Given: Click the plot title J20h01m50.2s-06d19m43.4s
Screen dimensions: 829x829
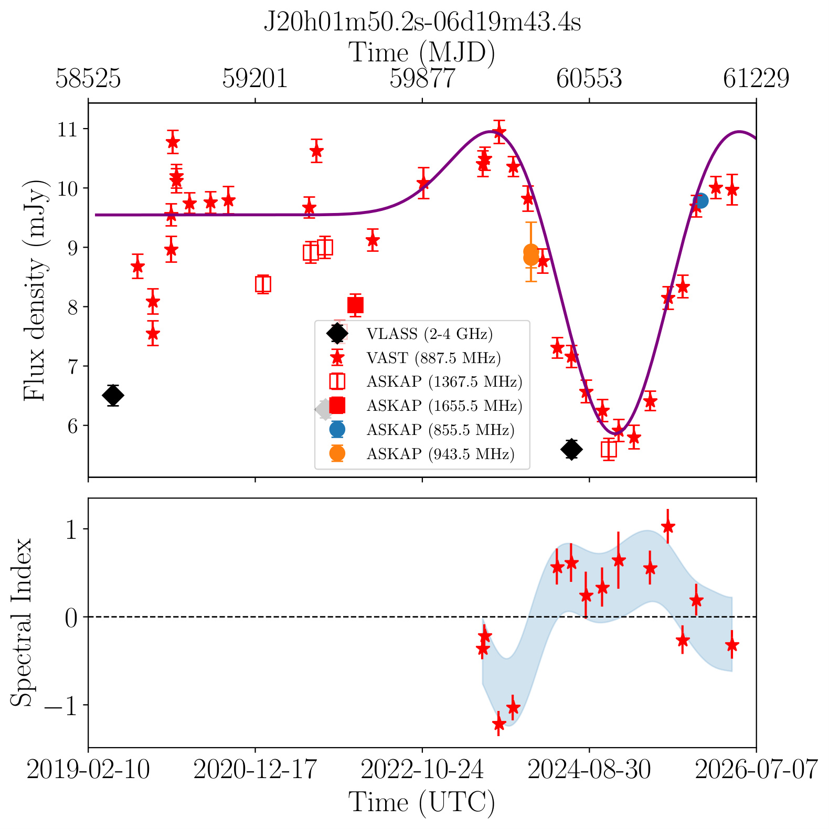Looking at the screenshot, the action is pyautogui.click(x=422, y=23).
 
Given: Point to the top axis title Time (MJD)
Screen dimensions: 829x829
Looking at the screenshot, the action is pyautogui.click(x=422, y=53).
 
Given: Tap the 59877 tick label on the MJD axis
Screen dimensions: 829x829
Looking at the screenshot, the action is pyautogui.click(x=422, y=79).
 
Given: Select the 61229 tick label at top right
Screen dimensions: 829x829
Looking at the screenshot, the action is pyautogui.click(x=756, y=79).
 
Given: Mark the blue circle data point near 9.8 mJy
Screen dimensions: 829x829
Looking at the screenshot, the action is pyautogui.click(x=700, y=200).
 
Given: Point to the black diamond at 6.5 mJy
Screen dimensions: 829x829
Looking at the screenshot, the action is pyautogui.click(x=113, y=395).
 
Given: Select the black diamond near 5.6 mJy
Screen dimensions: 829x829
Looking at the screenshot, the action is pyautogui.click(x=572, y=449).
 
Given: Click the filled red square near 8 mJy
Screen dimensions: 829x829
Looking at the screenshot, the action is pyautogui.click(x=356, y=305).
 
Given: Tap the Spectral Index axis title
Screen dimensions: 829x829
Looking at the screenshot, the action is pyautogui.click(x=22, y=622).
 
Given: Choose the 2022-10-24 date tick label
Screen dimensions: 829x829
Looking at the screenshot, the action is pyautogui.click(x=422, y=770).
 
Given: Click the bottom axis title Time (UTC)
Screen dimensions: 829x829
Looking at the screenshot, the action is pyautogui.click(x=422, y=803).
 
